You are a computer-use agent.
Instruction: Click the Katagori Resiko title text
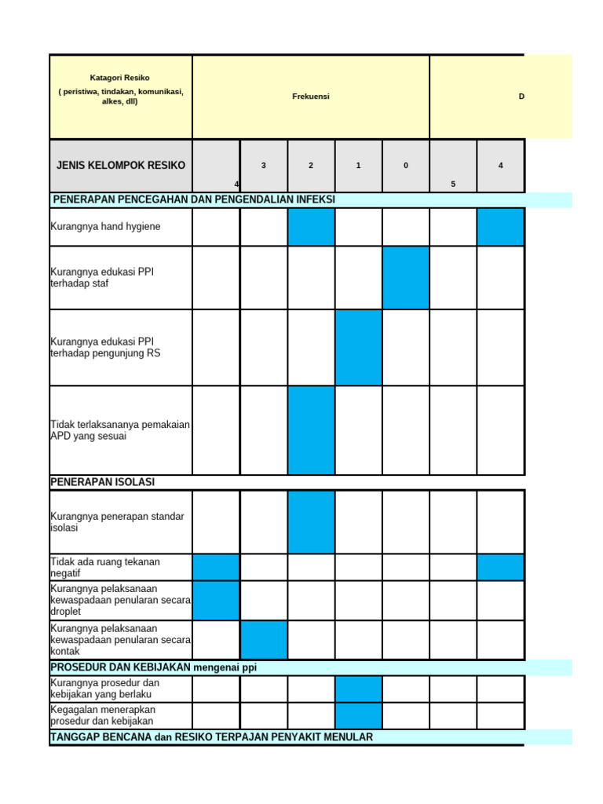pyautogui.click(x=119, y=78)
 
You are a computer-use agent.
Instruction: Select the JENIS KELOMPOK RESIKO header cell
pyautogui.click(x=121, y=166)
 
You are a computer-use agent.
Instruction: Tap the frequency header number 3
pyautogui.click(x=264, y=166)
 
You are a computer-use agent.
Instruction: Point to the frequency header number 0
pyautogui.click(x=405, y=166)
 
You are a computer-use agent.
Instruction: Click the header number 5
pyautogui.click(x=453, y=184)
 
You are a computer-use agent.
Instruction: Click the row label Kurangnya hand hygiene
pyautogui.click(x=105, y=227)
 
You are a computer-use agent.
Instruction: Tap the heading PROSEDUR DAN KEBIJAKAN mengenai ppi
pyautogui.click(x=154, y=667)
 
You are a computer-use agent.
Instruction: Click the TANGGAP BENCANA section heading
pyautogui.click(x=211, y=737)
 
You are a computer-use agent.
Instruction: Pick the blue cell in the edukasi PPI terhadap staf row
pyautogui.click(x=406, y=277)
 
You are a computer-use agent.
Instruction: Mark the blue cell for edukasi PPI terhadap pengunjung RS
pyautogui.click(x=359, y=347)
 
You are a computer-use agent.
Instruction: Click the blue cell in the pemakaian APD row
pyautogui.click(x=311, y=430)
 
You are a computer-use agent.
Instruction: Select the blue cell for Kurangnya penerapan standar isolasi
pyautogui.click(x=311, y=522)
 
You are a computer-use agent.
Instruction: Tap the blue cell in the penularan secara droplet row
pyautogui.click(x=216, y=600)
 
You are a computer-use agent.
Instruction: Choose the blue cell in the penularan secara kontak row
pyautogui.click(x=264, y=639)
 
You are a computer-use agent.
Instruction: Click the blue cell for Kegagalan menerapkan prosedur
pyautogui.click(x=359, y=715)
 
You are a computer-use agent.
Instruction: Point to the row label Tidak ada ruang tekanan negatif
pyautogui.click(x=105, y=568)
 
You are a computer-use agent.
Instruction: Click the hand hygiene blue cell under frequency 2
pyautogui.click(x=311, y=227)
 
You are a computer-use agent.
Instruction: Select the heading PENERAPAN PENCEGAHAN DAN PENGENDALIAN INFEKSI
pyautogui.click(x=194, y=199)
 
